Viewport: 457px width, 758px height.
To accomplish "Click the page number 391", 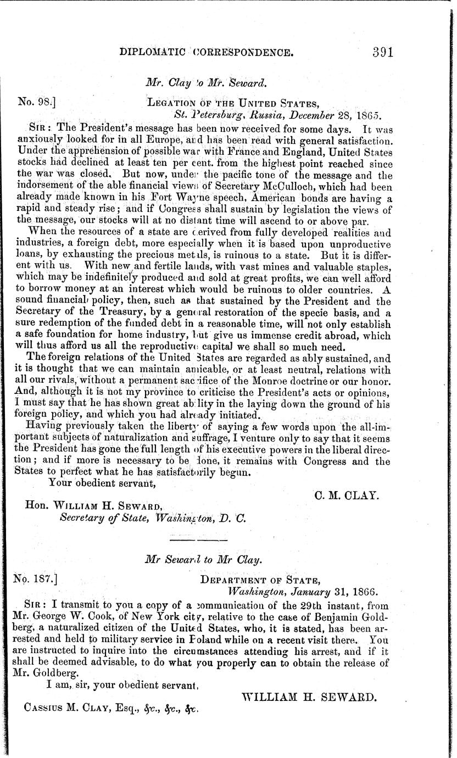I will click(x=383, y=53).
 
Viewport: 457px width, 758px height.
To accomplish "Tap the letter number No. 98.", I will click(x=35, y=102).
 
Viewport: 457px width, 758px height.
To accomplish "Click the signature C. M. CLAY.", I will click(x=346, y=495).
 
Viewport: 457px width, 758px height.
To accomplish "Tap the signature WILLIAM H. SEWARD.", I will click(x=309, y=696).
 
